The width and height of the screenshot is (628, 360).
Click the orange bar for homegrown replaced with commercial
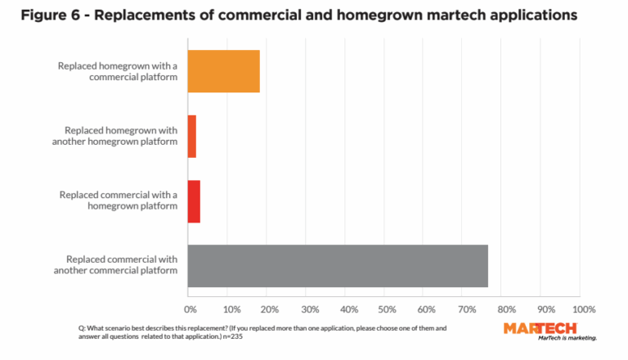coord(223,71)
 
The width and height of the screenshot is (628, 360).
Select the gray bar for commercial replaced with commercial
coord(338,266)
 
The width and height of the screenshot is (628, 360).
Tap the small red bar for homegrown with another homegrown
coord(192,136)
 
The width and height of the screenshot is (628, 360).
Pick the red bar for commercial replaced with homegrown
coord(194,200)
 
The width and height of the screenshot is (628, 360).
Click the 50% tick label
coord(388,310)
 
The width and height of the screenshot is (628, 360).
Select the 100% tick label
coord(584,310)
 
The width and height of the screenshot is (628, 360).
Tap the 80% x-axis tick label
coord(507,310)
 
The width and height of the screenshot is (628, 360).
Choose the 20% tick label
coord(270,310)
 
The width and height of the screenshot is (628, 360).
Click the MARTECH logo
coord(540,328)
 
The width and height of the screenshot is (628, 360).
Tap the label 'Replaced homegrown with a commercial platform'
coord(117,71)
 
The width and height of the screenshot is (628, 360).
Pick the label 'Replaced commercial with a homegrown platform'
coord(118,200)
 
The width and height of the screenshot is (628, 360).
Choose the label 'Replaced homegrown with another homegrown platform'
coord(120,136)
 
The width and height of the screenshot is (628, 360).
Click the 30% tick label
coord(309,310)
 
